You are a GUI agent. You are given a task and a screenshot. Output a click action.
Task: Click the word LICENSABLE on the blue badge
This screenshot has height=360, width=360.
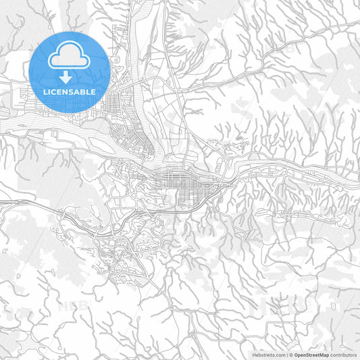point(69,91)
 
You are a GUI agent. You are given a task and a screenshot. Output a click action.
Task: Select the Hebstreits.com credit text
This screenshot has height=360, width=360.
point(269,354)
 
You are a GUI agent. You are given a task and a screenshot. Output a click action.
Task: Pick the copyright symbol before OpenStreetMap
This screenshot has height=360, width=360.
point(290,354)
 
